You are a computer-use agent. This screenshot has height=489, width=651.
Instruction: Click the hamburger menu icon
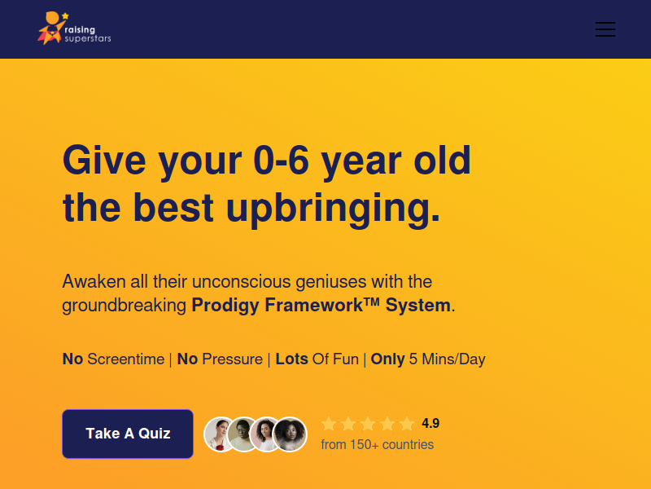605,29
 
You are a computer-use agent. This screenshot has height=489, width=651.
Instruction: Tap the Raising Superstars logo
74,28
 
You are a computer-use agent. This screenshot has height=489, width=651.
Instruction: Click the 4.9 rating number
430,423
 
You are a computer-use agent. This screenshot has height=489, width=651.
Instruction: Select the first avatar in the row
220,434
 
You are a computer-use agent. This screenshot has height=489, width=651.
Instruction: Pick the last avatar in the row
290,434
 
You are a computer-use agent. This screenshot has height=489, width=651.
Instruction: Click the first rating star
329,424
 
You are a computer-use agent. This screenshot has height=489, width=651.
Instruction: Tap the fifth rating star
407,424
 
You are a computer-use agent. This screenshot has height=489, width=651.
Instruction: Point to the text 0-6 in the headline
282,161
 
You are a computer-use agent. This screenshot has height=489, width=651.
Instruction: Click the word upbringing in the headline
333,209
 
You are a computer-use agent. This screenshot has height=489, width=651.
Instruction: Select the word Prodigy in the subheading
225,306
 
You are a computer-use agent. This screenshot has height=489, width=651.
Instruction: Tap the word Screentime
126,359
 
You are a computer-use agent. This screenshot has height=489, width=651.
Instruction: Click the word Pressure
232,359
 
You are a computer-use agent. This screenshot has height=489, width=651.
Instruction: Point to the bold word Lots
292,359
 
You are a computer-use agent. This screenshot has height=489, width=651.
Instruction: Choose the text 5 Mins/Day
447,359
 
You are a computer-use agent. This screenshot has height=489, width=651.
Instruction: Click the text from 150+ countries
378,444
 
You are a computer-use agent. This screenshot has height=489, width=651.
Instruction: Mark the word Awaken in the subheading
94,281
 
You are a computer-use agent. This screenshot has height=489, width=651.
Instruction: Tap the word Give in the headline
104,161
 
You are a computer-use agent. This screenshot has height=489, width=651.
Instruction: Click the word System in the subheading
418,305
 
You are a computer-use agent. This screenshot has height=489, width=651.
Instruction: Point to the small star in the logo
65,15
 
